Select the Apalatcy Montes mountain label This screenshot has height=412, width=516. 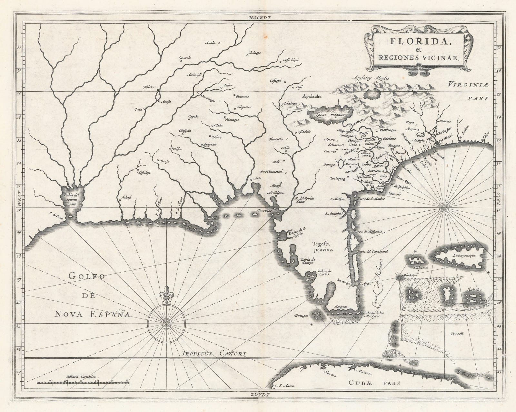371,78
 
